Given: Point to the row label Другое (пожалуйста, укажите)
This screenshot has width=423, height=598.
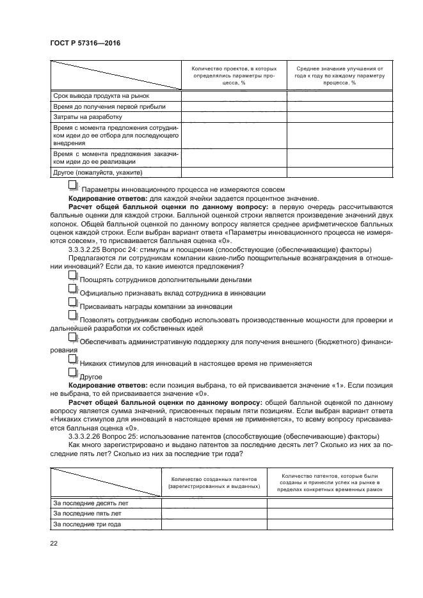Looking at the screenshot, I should [x=97, y=172].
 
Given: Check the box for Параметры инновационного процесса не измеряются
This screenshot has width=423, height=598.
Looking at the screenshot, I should [x=73, y=186].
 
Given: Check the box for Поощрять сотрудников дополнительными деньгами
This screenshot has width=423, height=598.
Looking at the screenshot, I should [x=73, y=278].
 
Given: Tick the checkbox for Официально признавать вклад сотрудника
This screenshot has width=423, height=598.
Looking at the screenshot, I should [x=73, y=291].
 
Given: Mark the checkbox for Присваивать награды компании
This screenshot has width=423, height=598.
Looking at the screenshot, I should [x=73, y=304].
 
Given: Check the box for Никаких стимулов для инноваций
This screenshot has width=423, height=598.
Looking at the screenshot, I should [x=73, y=361].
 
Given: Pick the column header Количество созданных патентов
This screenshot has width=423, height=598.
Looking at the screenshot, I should [x=214, y=482].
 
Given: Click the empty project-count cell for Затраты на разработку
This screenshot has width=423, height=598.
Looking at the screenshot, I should [x=234, y=117].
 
